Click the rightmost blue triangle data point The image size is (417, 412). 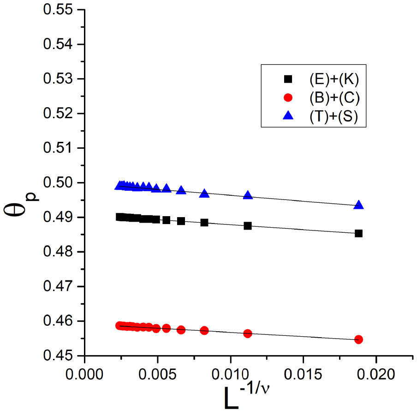(358, 205)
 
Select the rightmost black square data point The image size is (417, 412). (358, 233)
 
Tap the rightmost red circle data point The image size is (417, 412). (358, 339)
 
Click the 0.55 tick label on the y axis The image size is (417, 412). (60, 10)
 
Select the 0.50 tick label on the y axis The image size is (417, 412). (60, 182)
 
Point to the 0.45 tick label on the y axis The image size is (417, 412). (60, 356)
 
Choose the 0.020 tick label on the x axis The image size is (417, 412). (376, 372)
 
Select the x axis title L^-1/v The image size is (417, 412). (253, 397)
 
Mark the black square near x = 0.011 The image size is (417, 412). (248, 226)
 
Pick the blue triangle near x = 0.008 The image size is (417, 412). (204, 194)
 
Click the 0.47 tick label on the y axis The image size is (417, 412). (60, 286)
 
